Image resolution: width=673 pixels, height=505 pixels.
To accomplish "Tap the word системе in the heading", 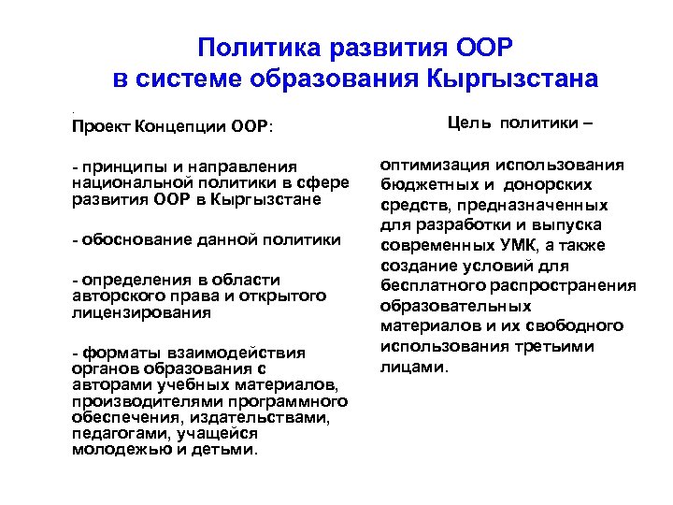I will [193, 79].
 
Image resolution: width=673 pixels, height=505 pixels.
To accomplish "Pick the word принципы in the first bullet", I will [118, 166].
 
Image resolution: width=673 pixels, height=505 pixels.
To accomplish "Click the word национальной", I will [126, 183].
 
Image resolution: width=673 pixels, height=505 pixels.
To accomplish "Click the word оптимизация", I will [436, 165].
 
